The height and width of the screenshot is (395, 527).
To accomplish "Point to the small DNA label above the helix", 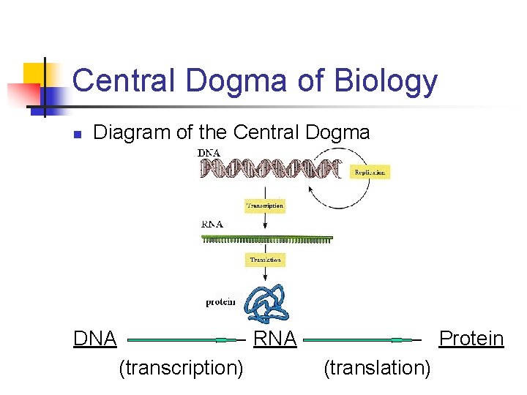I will click(211, 152).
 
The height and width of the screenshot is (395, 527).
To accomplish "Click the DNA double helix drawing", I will click(271, 170).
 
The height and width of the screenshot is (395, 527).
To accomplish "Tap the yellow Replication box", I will click(370, 172).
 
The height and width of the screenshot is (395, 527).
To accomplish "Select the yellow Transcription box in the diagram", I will click(264, 206).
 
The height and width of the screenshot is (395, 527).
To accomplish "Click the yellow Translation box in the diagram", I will click(264, 260).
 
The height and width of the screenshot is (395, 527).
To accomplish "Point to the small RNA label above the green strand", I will click(212, 224).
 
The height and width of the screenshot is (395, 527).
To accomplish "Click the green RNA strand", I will click(267, 238).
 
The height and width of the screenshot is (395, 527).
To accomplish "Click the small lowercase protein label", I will click(220, 302).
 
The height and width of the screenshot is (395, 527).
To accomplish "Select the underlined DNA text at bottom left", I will click(95, 339).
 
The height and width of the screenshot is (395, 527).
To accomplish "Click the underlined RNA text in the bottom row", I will click(274, 339).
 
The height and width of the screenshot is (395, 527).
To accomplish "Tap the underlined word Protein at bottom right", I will click(471, 339).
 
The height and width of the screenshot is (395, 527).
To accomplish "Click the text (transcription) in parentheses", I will click(181, 367).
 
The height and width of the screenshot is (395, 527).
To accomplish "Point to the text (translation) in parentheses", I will click(377, 367).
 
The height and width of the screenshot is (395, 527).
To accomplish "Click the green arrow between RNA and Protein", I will click(362, 339).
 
